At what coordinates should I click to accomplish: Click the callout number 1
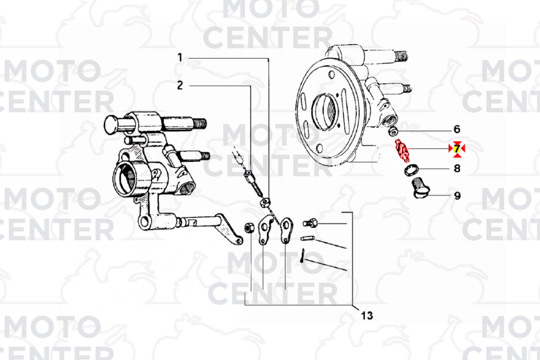point(180,58)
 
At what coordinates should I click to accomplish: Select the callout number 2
point(180,85)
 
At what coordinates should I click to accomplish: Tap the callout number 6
point(457,129)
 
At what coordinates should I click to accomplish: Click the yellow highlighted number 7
point(457,149)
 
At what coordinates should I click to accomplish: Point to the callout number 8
point(457,168)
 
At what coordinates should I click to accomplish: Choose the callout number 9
point(457,196)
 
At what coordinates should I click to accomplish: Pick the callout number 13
point(367,315)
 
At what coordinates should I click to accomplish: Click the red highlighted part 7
point(402,150)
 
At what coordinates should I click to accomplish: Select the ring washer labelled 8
point(411,170)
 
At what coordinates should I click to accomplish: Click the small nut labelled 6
point(393,132)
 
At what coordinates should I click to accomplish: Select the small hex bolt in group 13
point(310,223)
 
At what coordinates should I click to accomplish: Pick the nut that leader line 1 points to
point(265,203)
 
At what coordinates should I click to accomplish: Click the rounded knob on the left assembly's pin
point(111,125)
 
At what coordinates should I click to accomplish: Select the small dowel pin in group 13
point(308,238)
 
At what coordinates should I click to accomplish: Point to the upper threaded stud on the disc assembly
point(386,56)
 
